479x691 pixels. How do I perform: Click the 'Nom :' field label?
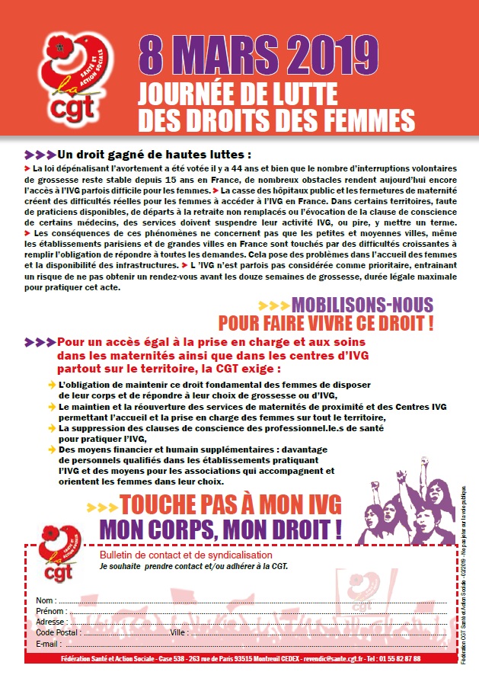click(x=45, y=600)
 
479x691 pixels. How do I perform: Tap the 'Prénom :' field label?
click(x=51, y=611)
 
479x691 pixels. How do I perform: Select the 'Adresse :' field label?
click(x=52, y=622)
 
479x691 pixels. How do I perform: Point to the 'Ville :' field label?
click(x=180, y=632)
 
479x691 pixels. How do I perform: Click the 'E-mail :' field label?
click(x=48, y=644)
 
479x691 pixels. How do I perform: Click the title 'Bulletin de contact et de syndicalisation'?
click(x=176, y=557)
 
